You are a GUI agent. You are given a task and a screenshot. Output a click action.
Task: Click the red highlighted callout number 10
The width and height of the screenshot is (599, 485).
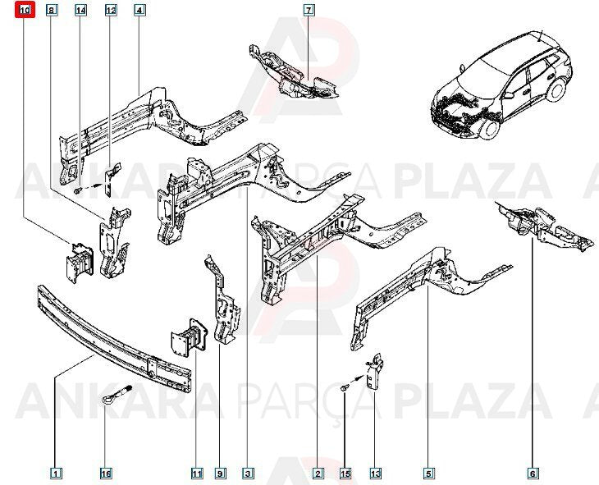coord(25,10)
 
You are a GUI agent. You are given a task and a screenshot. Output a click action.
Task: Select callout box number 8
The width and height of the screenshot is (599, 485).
coord(52,10)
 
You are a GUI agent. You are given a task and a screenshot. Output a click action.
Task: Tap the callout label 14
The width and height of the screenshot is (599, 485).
coord(80,10)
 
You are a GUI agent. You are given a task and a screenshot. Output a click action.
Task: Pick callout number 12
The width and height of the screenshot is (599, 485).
coord(111,10)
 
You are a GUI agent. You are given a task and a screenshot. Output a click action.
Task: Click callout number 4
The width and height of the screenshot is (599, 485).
coord(139,10)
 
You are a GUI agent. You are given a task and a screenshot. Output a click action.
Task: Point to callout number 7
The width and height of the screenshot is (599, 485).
coord(309,10)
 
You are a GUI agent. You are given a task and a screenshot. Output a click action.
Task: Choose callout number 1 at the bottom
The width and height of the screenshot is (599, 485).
coord(56,474)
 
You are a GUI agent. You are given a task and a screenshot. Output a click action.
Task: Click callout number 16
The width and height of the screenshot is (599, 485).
coord(106,474)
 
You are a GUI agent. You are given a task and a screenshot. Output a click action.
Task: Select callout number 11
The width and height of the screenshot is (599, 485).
coord(197,474)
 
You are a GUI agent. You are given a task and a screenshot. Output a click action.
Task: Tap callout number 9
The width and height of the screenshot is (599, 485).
coord(220,474)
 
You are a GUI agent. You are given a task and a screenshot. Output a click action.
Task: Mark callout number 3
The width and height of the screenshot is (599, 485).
coord(248,474)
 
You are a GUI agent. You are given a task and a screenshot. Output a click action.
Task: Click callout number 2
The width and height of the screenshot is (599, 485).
coord(318,474)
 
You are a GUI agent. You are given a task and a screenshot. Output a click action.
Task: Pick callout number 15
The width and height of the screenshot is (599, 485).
coord(345,474)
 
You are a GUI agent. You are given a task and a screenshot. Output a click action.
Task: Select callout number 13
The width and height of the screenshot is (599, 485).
coord(375,474)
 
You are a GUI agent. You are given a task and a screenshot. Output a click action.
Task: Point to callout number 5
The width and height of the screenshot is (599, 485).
coord(428,474)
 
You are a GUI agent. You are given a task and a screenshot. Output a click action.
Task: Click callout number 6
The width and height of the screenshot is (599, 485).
coord(533,474)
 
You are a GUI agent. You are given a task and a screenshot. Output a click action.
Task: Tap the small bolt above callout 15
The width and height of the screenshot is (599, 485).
coord(344,388)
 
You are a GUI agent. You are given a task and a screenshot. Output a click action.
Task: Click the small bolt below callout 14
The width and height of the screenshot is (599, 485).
coord(79,190)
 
